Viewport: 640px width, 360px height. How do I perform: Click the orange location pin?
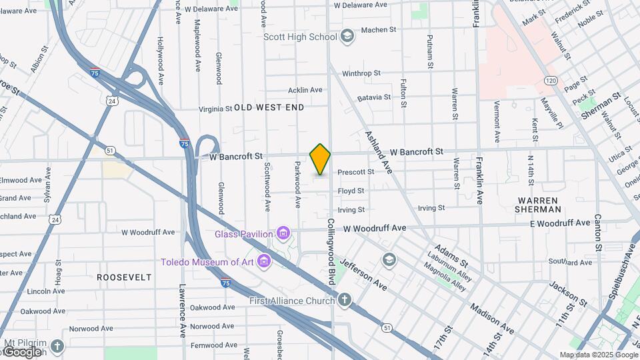[320, 159]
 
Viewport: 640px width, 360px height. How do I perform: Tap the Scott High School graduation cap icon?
[346, 36]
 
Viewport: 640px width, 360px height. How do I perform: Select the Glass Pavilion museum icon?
[283, 233]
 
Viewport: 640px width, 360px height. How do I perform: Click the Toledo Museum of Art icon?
[264, 261]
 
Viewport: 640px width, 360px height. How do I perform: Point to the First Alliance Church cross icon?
[344, 301]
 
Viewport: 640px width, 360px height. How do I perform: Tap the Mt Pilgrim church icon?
[57, 346]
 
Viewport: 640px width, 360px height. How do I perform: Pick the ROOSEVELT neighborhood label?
[124, 277]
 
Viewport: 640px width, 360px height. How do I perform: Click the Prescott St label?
[355, 172]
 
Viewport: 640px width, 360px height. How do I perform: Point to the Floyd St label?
[351, 191]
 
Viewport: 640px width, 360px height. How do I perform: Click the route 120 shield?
[550, 80]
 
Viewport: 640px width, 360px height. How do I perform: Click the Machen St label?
[378, 30]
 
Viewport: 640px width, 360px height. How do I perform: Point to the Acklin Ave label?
[305, 90]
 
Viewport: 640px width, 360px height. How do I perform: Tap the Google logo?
[23, 352]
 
